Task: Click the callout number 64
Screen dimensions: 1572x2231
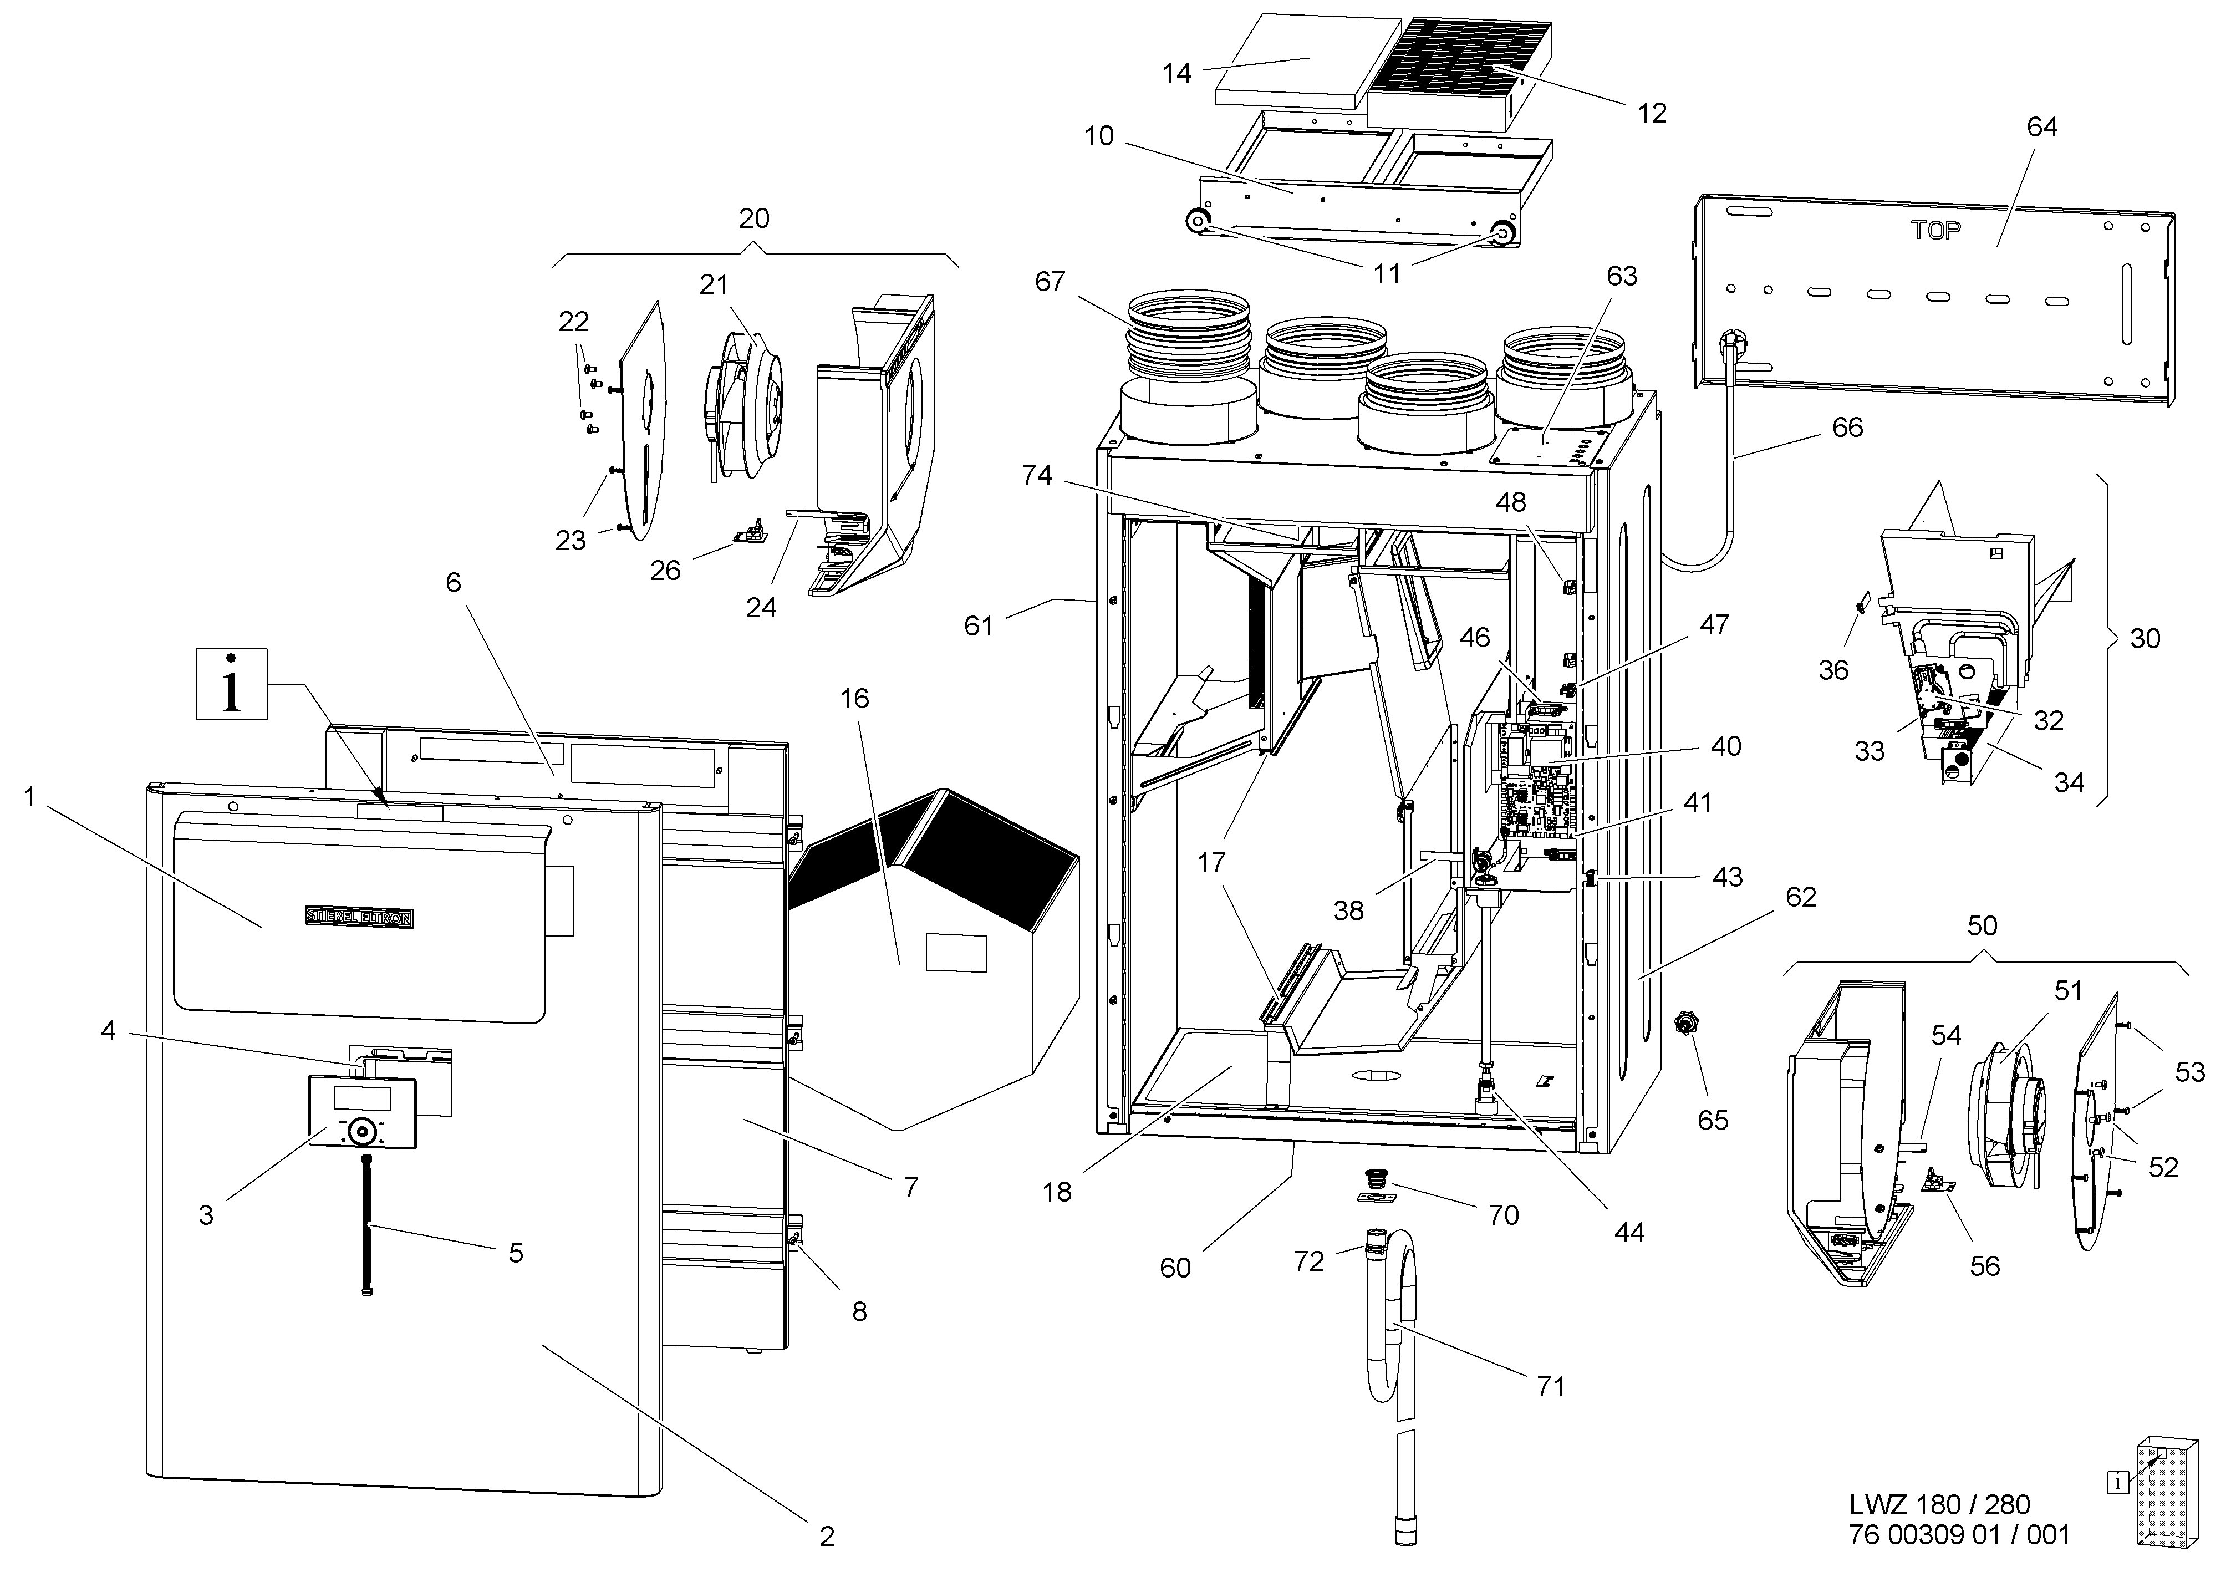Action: coord(2041,128)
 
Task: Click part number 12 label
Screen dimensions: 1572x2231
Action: coord(1652,114)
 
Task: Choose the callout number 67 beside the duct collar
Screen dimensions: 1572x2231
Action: coord(1050,282)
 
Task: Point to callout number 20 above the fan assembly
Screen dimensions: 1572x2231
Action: coord(754,218)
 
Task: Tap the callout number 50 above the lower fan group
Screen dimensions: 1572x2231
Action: coord(1982,926)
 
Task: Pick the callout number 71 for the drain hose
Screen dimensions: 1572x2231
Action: coord(1551,1386)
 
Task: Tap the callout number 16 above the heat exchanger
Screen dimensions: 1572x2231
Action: coord(855,699)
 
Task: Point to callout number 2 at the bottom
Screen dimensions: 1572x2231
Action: coord(827,1536)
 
